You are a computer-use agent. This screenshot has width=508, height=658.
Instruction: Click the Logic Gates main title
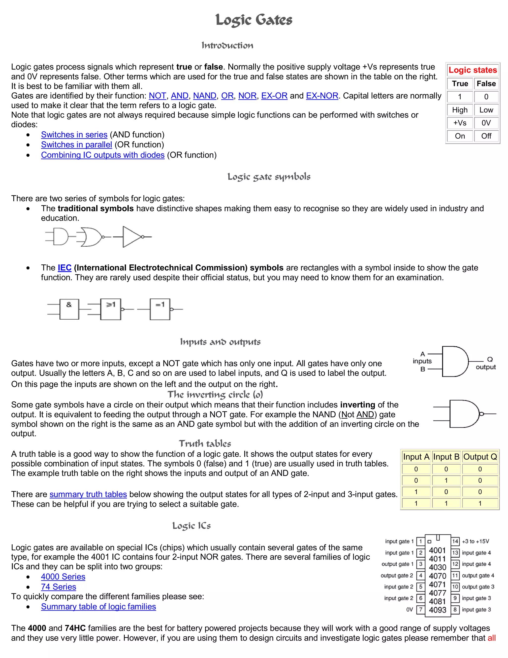coord(254,20)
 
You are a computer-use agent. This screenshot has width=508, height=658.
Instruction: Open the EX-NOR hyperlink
coord(322,96)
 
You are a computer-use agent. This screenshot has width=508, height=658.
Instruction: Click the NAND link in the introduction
coord(205,96)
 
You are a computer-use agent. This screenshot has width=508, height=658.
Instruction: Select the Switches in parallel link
coord(76,145)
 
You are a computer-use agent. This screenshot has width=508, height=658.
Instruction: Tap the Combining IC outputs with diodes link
coord(103,155)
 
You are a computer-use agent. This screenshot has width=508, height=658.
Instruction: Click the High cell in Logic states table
coord(460,110)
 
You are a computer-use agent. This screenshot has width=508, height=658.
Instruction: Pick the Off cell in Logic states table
coord(486,136)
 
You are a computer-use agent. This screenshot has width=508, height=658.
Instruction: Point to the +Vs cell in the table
coord(460,123)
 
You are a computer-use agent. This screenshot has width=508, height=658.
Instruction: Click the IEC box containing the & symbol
coord(69,309)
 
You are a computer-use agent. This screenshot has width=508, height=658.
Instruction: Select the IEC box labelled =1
coord(160,309)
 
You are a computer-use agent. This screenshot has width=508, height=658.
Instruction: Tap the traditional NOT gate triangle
coord(131,237)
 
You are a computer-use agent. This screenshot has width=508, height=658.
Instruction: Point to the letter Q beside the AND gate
coord(490,359)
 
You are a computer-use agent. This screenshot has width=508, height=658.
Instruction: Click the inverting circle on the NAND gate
coord(481,414)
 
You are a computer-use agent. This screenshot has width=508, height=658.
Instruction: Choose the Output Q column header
coord(480,457)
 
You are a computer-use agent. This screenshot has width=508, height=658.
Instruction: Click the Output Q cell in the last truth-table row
coord(480,503)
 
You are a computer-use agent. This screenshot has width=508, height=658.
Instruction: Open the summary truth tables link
coord(88,494)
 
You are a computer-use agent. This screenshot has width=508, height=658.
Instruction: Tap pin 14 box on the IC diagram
coord(455,541)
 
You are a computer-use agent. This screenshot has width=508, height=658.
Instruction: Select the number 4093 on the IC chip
coord(437,610)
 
